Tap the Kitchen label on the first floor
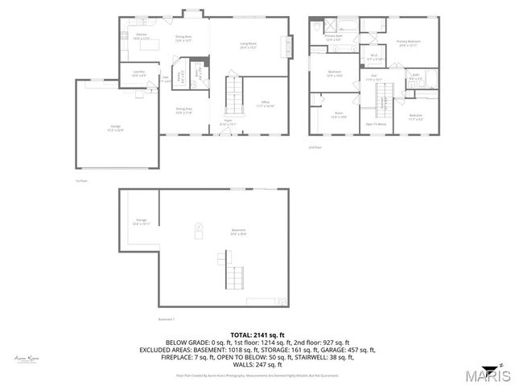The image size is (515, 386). pos(141,36)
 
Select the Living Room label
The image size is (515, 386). pos(247,45)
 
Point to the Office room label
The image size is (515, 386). pos(266,104)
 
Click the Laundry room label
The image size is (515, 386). pos(138,73)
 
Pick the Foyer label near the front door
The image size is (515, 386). pos(229,123)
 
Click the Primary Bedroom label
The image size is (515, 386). pos(408,43)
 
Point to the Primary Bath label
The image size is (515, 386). pos(334,38)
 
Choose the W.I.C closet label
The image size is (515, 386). pos(374,57)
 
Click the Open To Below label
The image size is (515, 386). pos(376,124)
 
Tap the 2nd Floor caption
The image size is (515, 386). pos(314,147)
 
